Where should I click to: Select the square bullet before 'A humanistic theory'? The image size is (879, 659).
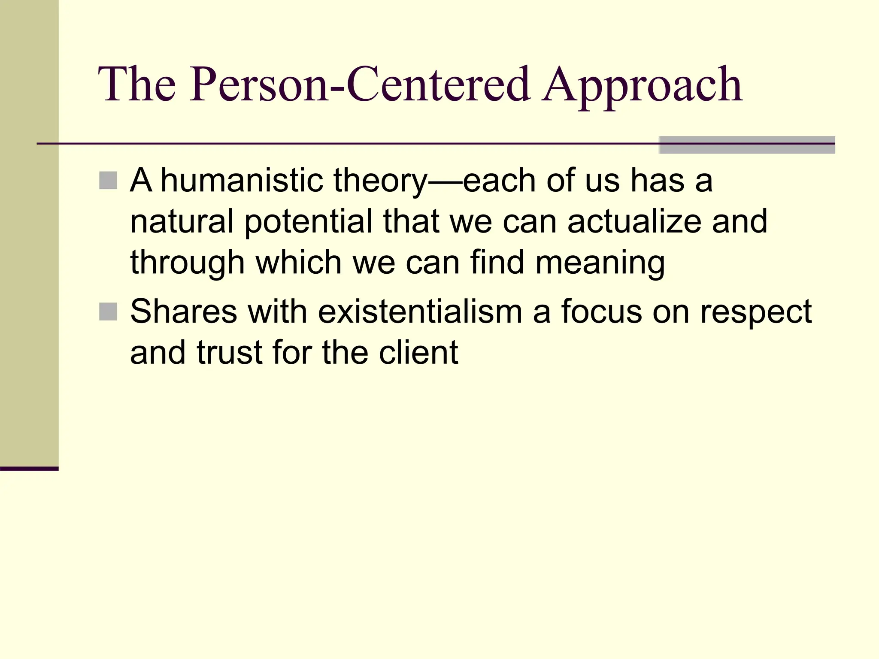pos(108,181)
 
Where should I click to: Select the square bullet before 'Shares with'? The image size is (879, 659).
pos(108,312)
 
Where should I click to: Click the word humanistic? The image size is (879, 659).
pos(242,180)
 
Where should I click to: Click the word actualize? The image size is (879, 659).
pos(634,221)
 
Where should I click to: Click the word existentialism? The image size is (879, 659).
pos(420,311)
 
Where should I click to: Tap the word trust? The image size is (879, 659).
pos(229,353)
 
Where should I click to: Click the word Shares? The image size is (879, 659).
pos(184,311)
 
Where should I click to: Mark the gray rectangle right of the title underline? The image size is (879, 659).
pos(747,145)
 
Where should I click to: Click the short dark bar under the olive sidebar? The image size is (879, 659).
pos(29,469)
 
